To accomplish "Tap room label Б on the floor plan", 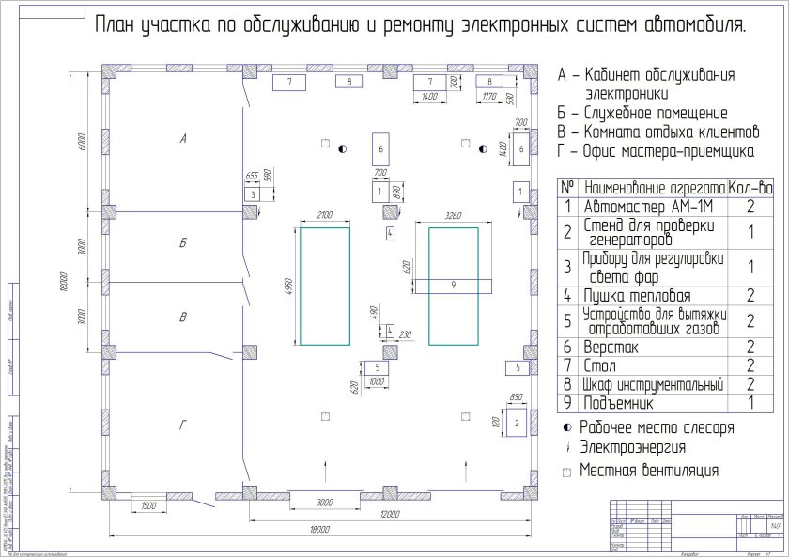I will pyautogui.click(x=184, y=242).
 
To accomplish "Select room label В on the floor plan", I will pyautogui.click(x=184, y=318).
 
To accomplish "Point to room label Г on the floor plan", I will pyautogui.click(x=184, y=425).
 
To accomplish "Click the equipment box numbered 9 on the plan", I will pyautogui.click(x=453, y=285).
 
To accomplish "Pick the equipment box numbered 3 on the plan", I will pyautogui.click(x=252, y=193).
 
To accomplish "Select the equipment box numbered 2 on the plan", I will pyautogui.click(x=517, y=425).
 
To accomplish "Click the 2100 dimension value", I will pyautogui.click(x=325, y=216).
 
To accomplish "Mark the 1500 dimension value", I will pyautogui.click(x=147, y=505).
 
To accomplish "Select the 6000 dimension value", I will pyautogui.click(x=83, y=141).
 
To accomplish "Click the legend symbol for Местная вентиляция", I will pyautogui.click(x=566, y=472).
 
